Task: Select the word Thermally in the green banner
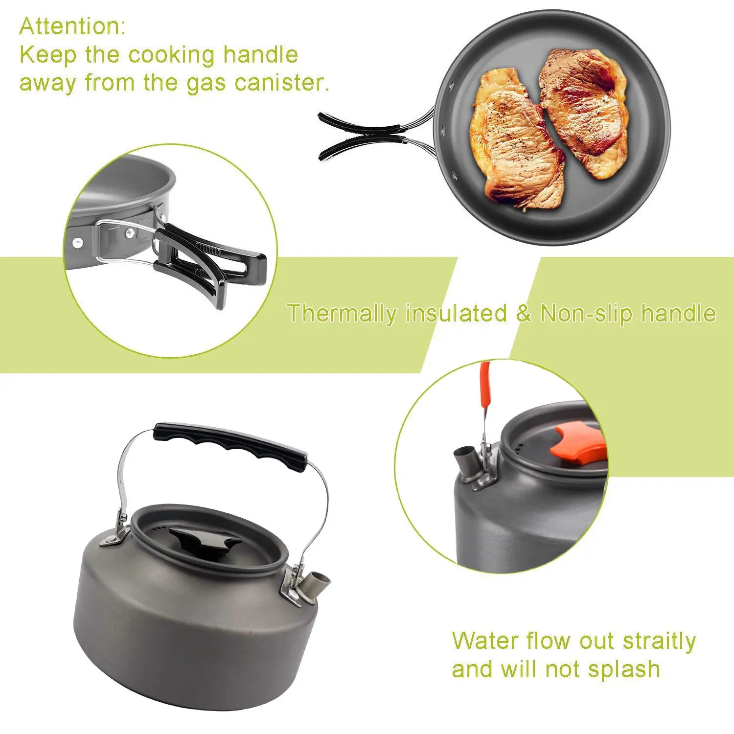click(x=342, y=313)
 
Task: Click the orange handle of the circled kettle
click(x=485, y=387)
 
